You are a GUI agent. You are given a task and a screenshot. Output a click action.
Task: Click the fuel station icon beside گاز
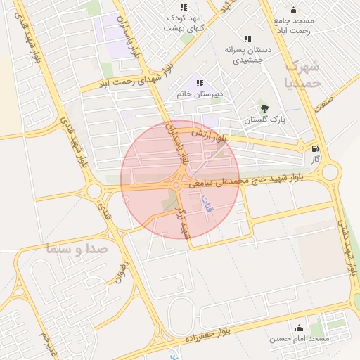tap(314, 148)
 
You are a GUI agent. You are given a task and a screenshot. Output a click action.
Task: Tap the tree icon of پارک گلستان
tap(264, 108)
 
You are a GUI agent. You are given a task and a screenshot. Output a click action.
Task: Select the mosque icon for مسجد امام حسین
tap(300, 328)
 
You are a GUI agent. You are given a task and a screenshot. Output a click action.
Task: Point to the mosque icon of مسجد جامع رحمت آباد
tap(293, 10)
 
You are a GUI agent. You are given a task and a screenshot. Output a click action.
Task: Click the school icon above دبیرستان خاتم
tap(200, 82)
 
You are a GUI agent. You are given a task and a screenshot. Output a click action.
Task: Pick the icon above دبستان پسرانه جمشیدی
tap(246, 39)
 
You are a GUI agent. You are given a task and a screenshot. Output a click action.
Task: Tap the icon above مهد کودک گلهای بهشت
tap(184, 7)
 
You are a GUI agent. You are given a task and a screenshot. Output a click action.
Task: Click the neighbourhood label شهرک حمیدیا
tap(304, 75)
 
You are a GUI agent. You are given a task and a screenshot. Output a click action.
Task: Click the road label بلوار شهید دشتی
tap(349, 246)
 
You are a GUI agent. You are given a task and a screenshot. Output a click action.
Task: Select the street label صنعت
tap(324, 101)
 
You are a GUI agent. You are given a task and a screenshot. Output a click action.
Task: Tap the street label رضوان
tap(119, 271)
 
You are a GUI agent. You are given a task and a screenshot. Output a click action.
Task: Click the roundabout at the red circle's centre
tap(176, 185)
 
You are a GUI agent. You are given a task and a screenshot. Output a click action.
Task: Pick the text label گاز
tap(316, 159)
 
